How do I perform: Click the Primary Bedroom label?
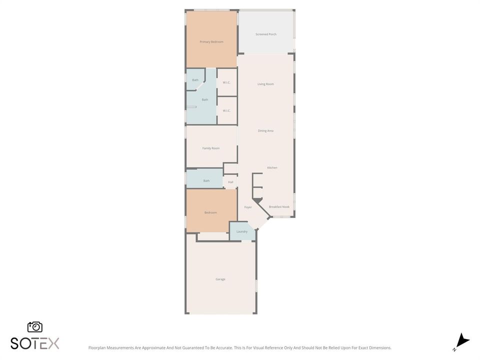point(211,42)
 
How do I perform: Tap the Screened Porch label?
point(266,34)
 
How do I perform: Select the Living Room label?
point(265,84)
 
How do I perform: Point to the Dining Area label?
point(265,130)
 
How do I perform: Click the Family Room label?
point(211,148)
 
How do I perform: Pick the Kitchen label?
point(272,168)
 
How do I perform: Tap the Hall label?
point(230,182)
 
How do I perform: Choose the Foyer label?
point(248,207)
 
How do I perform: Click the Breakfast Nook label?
point(279,207)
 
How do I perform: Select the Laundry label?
point(242,231)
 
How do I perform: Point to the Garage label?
point(220,279)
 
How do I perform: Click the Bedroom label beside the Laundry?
point(210,212)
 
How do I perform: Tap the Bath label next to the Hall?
point(206,181)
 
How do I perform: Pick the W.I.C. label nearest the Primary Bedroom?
point(226,82)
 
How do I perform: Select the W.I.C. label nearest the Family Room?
point(226,111)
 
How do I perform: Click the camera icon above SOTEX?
point(35,327)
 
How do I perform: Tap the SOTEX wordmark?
point(35,343)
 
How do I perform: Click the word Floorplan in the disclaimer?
point(96,348)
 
